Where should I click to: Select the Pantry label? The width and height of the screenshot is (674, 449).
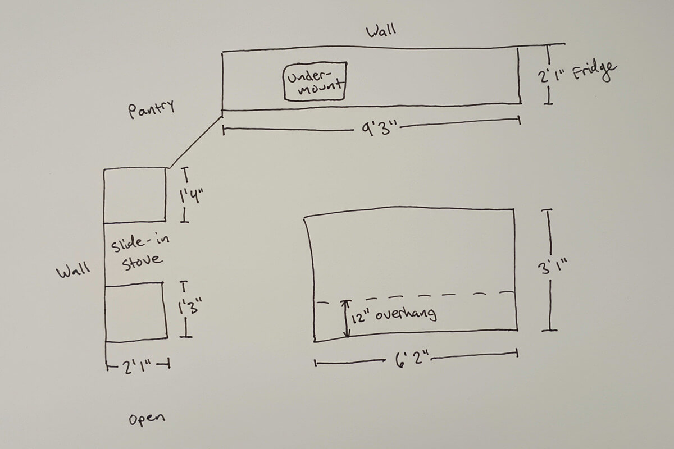151,109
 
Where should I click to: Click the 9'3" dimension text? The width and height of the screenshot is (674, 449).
379,129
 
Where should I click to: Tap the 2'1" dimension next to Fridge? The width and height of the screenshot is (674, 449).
552,75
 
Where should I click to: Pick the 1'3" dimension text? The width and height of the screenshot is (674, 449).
190,306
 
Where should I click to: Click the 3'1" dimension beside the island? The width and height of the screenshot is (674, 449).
552,267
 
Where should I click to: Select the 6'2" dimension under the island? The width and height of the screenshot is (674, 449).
412,359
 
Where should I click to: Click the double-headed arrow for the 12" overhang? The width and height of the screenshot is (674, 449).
347,318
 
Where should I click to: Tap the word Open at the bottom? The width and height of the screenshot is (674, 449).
147,418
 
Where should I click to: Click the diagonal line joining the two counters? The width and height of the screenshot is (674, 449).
195,142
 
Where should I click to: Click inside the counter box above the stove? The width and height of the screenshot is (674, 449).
135,195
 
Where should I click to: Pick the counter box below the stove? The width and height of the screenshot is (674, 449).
136,312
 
